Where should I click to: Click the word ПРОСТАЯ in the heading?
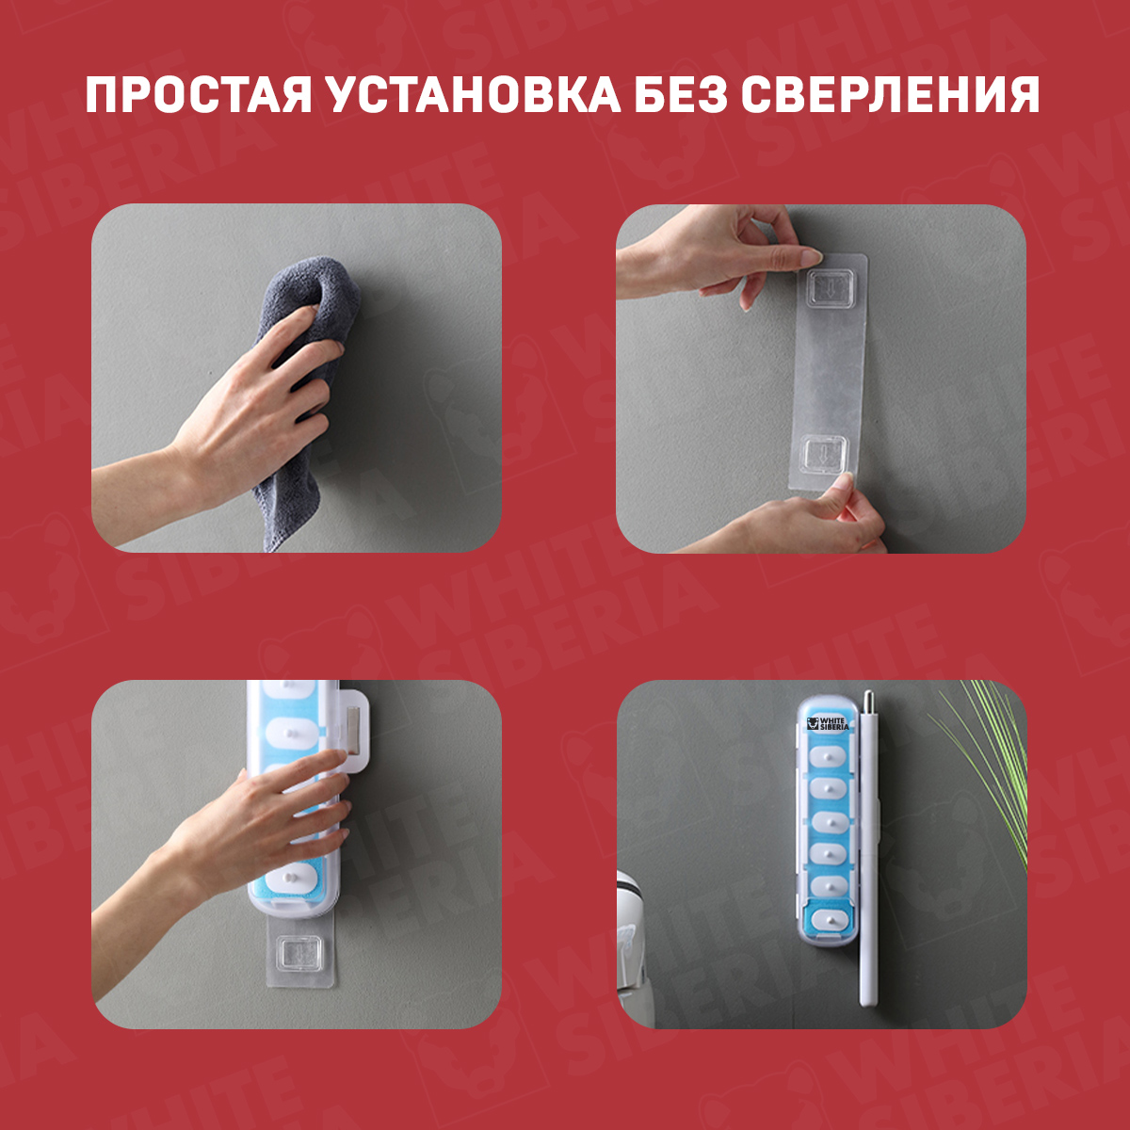[199, 94]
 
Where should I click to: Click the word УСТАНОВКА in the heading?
[475, 94]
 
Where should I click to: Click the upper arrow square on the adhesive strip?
[829, 288]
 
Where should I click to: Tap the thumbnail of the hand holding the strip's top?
[811, 256]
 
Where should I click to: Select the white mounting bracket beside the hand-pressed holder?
[354, 731]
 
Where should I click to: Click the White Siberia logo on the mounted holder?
[828, 723]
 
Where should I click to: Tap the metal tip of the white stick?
[868, 701]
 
